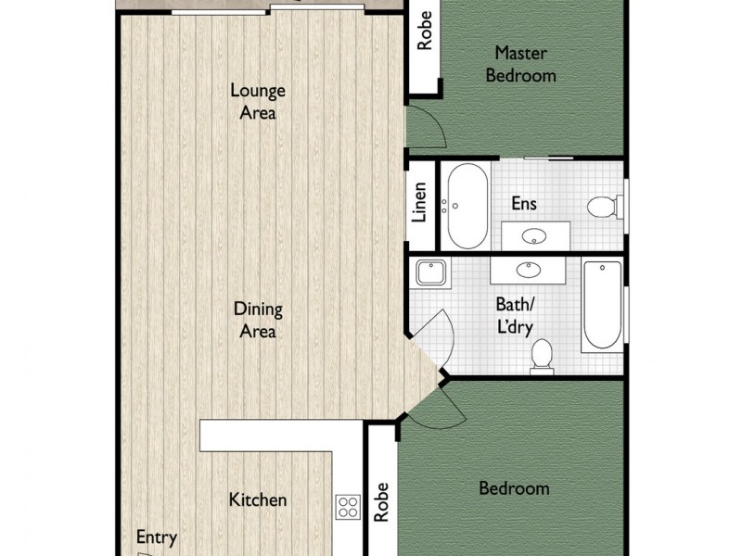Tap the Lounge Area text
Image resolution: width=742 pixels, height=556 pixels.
258,102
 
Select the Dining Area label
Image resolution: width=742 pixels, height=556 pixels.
258,321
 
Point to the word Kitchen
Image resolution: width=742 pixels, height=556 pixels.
258,500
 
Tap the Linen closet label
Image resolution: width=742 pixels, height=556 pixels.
419,205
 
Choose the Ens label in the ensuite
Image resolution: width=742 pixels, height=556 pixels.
524,204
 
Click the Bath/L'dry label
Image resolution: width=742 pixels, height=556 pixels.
515,315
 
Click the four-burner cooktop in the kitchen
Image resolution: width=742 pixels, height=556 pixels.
348,507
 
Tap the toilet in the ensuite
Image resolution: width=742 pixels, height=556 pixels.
604,206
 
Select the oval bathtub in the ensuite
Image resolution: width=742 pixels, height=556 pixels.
463,205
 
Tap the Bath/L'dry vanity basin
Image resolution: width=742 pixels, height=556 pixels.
528,270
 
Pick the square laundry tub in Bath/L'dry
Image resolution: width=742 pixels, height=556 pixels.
430,273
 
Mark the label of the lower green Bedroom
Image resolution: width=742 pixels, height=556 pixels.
514,488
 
